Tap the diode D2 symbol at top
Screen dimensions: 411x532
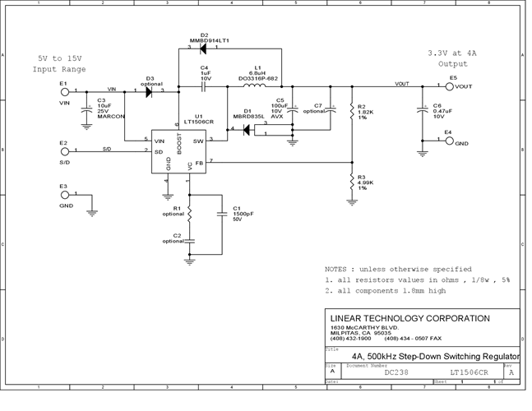tap(202, 48)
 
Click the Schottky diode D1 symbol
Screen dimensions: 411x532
tap(245, 128)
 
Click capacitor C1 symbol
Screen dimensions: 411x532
tap(222, 215)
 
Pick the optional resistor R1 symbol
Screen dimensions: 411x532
tap(189, 213)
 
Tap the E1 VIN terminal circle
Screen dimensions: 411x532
tap(64, 92)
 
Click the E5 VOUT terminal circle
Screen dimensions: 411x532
tap(450, 85)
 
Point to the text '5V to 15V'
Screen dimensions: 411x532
tap(59, 58)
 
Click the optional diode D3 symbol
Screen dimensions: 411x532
tap(149, 92)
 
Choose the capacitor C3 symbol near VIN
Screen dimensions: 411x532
tap(86, 109)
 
